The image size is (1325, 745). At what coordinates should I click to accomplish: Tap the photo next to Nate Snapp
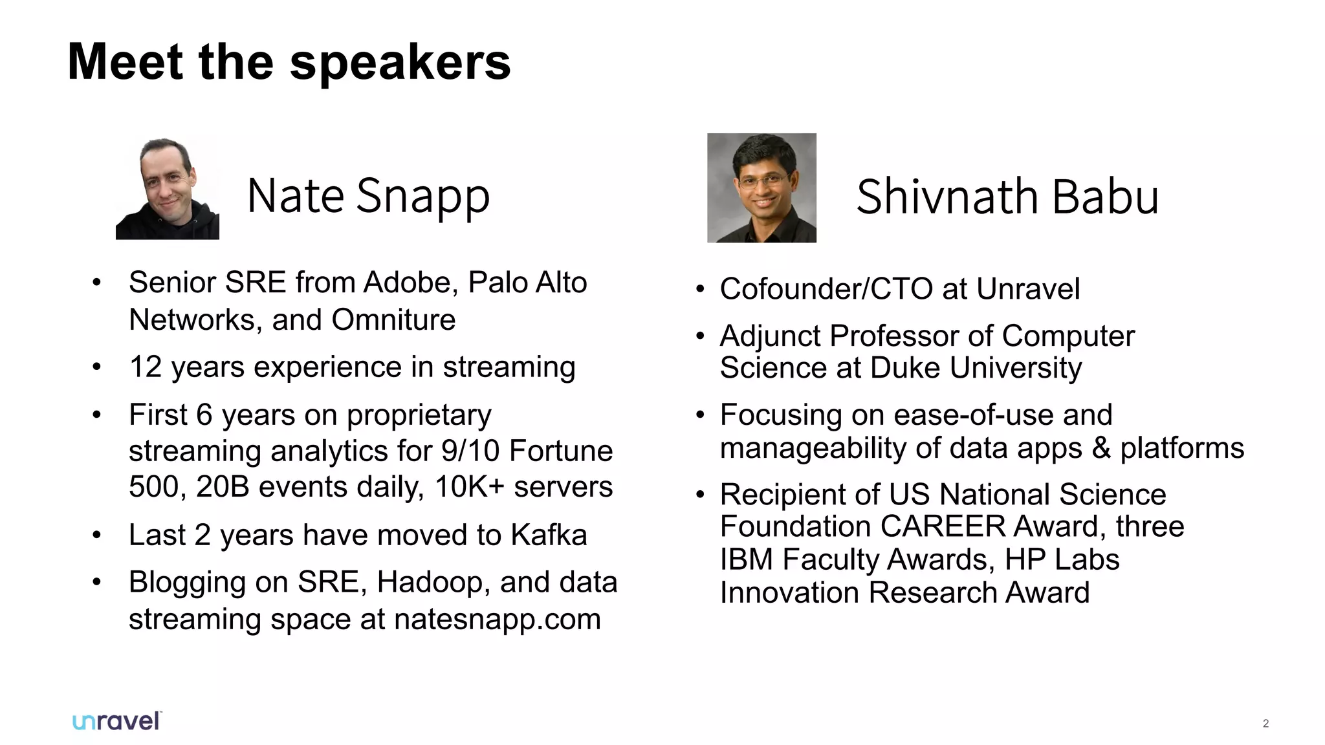(168, 188)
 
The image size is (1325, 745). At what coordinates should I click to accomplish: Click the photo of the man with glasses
(761, 188)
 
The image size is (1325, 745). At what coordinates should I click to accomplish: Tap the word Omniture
(393, 320)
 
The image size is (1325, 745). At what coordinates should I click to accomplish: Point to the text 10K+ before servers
(469, 487)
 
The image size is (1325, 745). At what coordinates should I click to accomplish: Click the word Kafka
(549, 535)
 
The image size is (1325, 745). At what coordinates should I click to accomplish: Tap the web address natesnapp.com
(497, 620)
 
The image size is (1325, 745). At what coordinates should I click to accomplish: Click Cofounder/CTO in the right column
(826, 289)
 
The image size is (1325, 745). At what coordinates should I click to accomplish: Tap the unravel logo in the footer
(117, 722)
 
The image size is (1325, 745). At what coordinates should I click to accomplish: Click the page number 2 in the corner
(1265, 724)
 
